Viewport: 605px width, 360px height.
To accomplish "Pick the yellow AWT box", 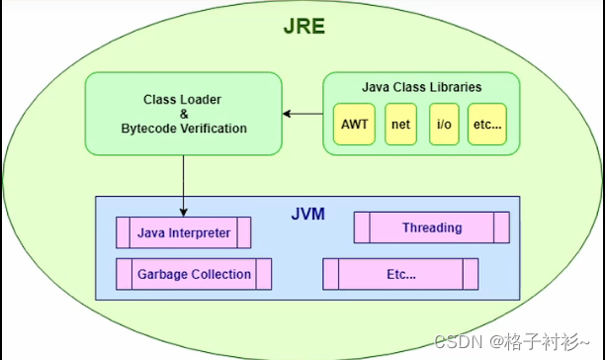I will tap(353, 126).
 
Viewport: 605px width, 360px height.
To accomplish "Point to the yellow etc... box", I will tap(486, 126).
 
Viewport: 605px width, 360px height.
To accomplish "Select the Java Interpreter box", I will tap(183, 233).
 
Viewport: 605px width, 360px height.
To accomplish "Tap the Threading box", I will tap(431, 228).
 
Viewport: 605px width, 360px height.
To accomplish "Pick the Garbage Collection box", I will tap(194, 274).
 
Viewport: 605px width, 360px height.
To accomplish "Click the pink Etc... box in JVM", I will tap(400, 274).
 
